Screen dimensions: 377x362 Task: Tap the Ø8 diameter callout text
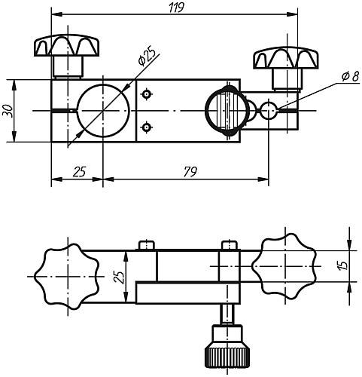(349, 76)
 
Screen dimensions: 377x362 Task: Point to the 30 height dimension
(8, 110)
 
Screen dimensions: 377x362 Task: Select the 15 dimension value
(342, 265)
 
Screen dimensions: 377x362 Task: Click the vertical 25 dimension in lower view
(117, 277)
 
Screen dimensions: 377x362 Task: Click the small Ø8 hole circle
(269, 111)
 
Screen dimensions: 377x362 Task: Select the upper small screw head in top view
(147, 94)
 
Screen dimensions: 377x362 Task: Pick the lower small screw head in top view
(147, 126)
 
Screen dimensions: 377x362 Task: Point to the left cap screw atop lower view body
(147, 245)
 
